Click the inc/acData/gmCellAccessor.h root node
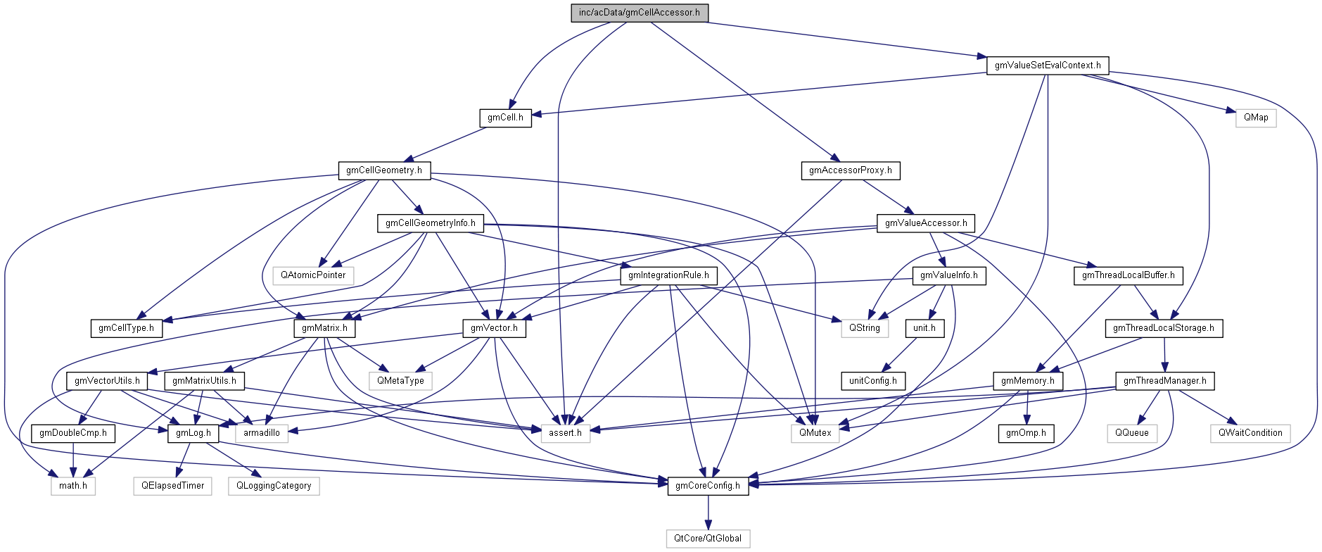click(639, 13)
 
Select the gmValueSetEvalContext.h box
click(1047, 65)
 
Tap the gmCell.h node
click(505, 118)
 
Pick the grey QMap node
click(1255, 118)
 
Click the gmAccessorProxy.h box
click(850, 170)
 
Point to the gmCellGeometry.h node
click(384, 170)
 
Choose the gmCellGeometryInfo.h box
click(431, 223)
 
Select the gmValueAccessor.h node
click(925, 223)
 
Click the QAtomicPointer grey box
click(313, 275)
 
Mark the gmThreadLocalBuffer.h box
click(1128, 275)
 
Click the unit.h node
click(924, 328)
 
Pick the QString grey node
click(864, 328)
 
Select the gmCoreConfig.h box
click(707, 486)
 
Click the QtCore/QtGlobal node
click(707, 539)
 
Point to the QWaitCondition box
click(1250, 433)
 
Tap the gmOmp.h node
click(1025, 433)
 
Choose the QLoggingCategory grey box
click(274, 486)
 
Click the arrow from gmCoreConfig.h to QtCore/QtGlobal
click(708, 512)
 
